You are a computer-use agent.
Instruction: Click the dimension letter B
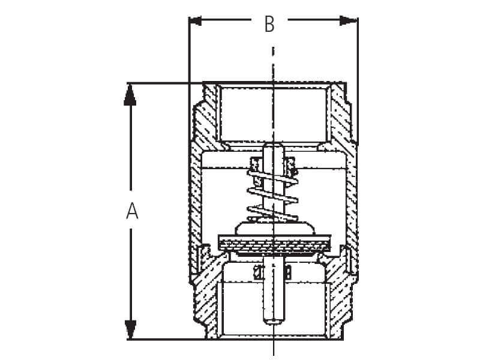point(269,24)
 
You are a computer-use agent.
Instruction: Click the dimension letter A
point(132,211)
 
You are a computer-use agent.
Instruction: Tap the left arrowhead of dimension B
point(195,21)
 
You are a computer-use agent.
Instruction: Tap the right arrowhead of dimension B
point(349,20)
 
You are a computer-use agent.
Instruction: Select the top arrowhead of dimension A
point(130,95)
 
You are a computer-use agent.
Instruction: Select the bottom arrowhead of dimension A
point(130,329)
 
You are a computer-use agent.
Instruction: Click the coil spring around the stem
point(272,196)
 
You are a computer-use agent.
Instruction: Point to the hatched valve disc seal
point(274,244)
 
